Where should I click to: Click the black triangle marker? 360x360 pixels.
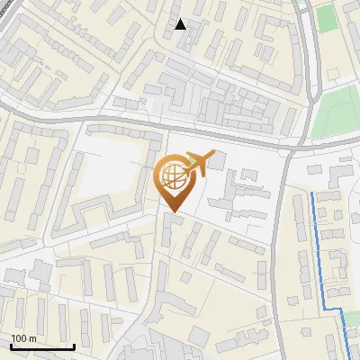click(x=181, y=24)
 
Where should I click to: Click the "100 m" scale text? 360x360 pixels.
click(x=22, y=338)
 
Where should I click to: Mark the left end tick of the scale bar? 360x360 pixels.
click(x=11, y=345)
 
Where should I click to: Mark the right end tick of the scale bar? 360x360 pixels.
click(x=74, y=345)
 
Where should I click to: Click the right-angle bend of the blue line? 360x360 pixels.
click(x=343, y=310)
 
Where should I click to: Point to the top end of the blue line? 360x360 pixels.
click(x=312, y=193)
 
